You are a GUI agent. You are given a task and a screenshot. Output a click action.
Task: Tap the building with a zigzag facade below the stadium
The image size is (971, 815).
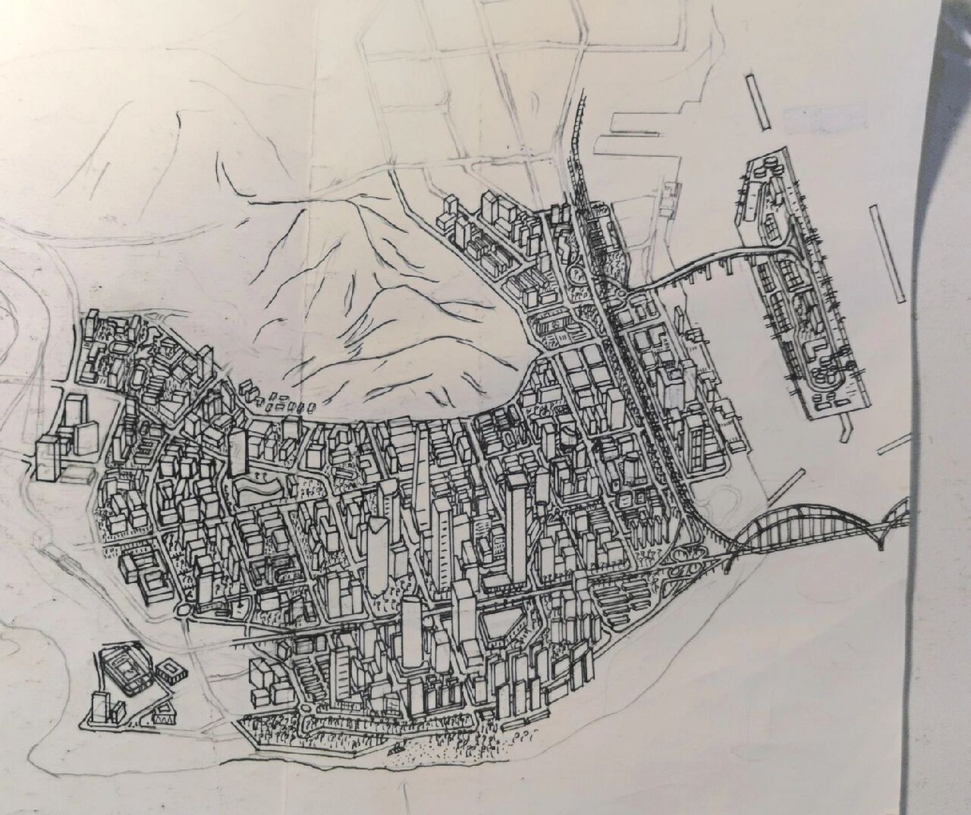[164, 716]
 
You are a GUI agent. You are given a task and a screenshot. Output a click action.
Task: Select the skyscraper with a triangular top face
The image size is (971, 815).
[377, 548]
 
